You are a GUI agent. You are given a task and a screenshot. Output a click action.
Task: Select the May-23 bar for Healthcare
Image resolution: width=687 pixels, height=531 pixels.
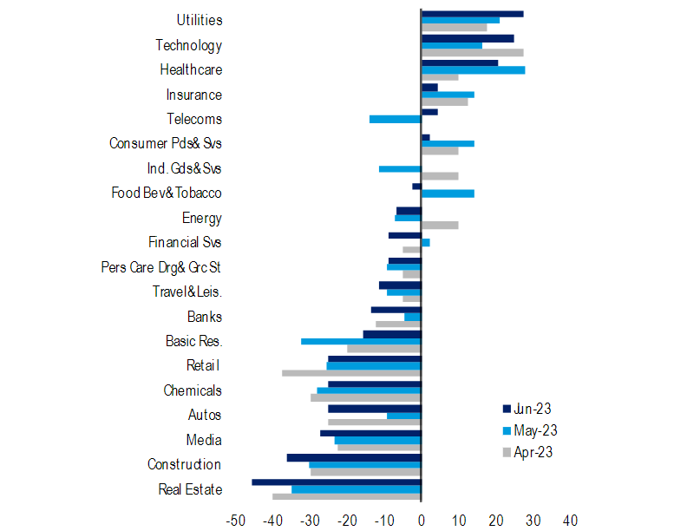coord(473,69)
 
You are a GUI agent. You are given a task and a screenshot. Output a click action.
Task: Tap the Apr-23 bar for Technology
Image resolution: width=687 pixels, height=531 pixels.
coord(472,53)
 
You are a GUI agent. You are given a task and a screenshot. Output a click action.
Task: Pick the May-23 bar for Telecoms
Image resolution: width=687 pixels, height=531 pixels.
coord(395,119)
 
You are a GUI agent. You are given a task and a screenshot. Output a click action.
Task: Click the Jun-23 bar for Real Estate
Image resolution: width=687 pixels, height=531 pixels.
coord(337,482)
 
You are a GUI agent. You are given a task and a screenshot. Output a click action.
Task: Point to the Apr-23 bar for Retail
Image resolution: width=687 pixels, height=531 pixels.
coord(351,373)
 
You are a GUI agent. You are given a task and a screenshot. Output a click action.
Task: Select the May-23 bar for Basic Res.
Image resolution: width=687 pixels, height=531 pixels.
coord(361,341)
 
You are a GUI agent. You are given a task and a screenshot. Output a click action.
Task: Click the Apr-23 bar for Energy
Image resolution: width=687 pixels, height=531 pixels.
coord(440,226)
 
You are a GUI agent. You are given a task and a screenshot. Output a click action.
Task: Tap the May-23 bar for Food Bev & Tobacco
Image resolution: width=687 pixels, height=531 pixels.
coord(448,193)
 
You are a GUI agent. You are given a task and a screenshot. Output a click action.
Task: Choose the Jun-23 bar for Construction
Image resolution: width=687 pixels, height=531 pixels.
coord(354,457)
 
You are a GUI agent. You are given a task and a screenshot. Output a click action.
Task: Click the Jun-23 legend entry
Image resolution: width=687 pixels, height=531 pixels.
coord(528,410)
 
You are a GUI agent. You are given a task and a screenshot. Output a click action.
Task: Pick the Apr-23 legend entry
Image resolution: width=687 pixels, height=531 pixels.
coord(528,452)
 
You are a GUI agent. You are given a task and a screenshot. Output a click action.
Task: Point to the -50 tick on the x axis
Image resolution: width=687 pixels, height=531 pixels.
coord(235,521)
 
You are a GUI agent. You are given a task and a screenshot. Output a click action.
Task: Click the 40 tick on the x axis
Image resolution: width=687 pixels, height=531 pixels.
coord(570,521)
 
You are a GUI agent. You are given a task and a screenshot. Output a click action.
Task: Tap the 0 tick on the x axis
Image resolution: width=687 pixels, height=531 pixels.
coord(422,521)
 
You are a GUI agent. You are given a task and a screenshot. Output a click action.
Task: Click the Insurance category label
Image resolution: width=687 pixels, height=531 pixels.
coord(193,95)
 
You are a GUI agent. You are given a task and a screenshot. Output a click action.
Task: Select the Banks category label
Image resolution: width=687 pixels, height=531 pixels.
coord(204,317)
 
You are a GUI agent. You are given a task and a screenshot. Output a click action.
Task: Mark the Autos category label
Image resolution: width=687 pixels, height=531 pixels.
coord(205,416)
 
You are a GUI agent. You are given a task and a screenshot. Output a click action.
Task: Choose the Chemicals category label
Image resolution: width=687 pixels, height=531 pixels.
coord(193,390)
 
